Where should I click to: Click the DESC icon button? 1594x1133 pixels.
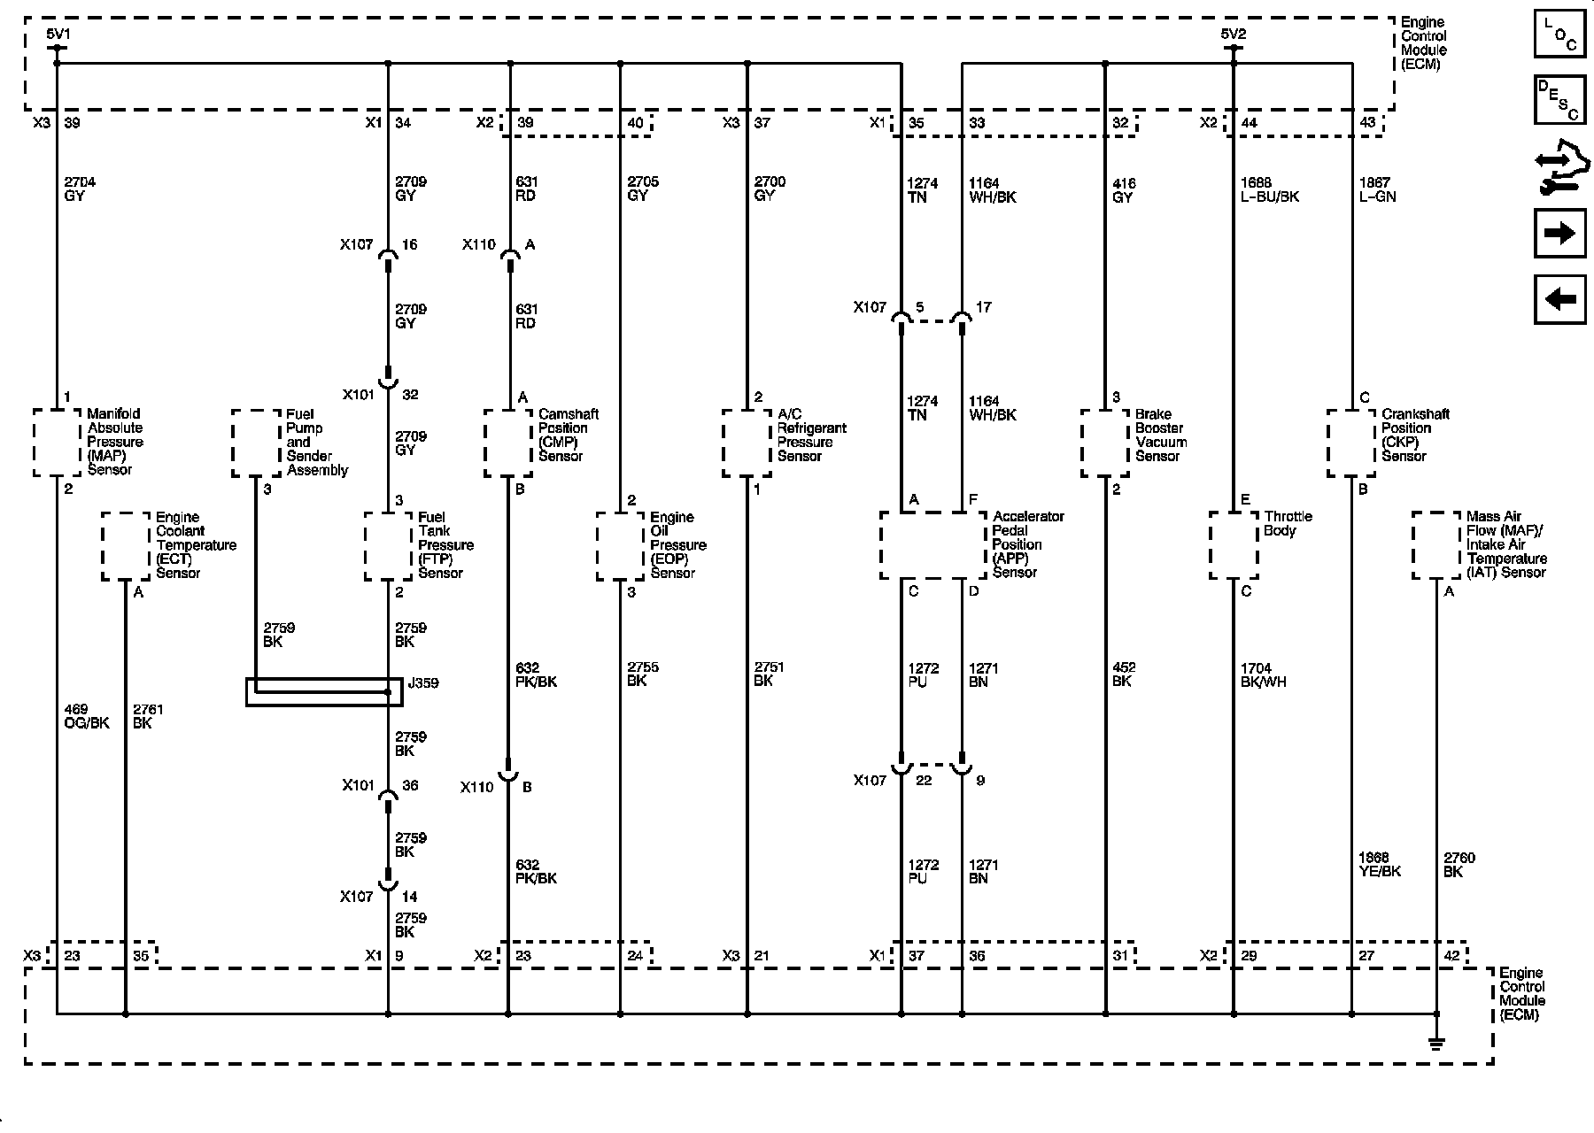(1559, 100)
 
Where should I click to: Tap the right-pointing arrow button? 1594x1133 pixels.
(1559, 233)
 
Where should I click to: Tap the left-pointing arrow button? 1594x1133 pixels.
(1559, 299)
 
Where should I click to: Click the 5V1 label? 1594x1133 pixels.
(58, 35)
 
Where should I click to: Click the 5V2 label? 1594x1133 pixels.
(1233, 35)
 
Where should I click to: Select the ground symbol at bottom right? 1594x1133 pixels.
(1436, 1042)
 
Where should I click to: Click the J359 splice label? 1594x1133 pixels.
(422, 683)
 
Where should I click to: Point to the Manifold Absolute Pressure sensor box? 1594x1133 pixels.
(57, 442)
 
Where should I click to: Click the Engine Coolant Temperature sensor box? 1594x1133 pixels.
(126, 546)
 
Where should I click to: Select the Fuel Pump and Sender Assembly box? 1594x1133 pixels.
(257, 442)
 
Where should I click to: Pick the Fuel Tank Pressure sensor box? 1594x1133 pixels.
(389, 546)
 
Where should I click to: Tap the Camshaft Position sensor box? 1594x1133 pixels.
(508, 442)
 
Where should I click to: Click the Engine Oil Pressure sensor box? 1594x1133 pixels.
(620, 546)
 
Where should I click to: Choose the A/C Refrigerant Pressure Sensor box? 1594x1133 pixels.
(747, 442)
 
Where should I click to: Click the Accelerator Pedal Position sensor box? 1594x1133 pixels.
(932, 545)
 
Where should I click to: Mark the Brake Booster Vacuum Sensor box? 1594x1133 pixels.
(1105, 442)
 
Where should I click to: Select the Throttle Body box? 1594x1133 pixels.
(1234, 545)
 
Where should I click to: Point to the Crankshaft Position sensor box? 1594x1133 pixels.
(1351, 442)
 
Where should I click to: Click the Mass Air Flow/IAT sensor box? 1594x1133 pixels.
(1436, 545)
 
